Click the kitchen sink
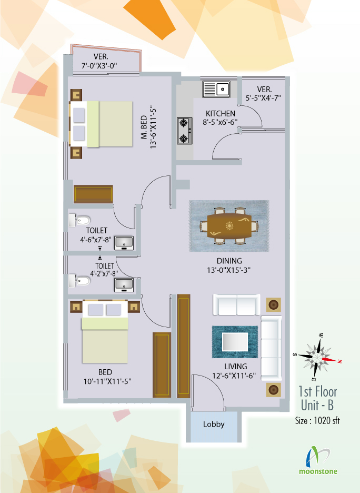(216, 90)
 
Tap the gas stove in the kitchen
(185, 131)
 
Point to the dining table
(229, 226)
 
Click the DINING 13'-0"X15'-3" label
(229, 265)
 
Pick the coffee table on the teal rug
(235, 342)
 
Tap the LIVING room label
(235, 367)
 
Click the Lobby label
(214, 424)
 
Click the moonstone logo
(318, 461)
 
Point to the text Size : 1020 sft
(317, 421)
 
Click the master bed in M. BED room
(101, 124)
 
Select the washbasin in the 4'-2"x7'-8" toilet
(124, 285)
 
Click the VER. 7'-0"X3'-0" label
(100, 61)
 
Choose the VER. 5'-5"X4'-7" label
(263, 93)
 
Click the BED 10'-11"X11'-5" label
(107, 377)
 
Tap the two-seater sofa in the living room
(236, 304)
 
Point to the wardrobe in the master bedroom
(93, 194)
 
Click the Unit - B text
(317, 405)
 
